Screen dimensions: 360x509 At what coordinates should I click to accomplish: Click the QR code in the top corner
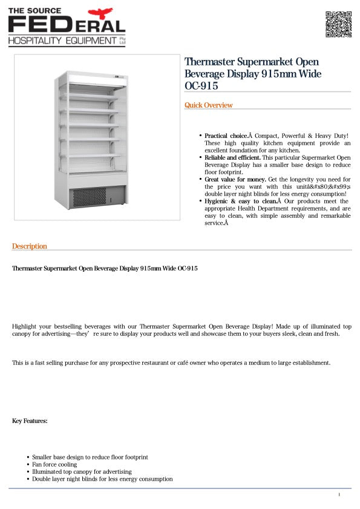338,24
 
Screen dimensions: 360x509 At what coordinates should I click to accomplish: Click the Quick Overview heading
208,105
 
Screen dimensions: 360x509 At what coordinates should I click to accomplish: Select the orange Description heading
29,246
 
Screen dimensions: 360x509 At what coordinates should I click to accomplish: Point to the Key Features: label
30,421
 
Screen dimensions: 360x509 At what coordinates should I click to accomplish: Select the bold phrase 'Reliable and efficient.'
232,157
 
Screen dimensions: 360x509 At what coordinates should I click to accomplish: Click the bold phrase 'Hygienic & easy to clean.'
240,201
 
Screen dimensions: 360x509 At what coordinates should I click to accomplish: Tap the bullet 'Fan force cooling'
54,464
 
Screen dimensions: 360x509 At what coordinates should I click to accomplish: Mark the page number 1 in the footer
339,494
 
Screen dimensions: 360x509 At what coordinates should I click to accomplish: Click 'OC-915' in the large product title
201,86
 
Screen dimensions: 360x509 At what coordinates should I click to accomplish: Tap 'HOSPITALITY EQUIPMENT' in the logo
62,41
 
